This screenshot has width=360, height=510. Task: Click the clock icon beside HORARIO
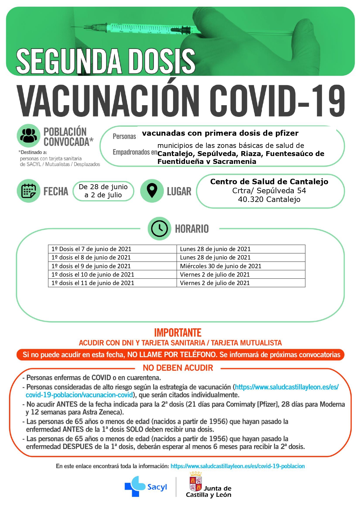click(159, 228)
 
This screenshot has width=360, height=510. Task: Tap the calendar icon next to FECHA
click(28, 191)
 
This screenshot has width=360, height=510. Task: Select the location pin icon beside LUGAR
click(152, 191)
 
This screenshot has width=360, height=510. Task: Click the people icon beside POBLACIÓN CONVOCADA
click(28, 135)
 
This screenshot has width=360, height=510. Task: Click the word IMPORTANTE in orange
click(178, 332)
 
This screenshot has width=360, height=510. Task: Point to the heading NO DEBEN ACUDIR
click(178, 368)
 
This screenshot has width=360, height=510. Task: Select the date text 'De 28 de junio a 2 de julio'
click(103, 191)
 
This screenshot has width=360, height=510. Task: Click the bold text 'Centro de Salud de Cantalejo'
click(269, 182)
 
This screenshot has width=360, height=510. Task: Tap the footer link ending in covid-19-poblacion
click(237, 466)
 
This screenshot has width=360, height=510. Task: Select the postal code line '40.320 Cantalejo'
click(269, 199)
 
